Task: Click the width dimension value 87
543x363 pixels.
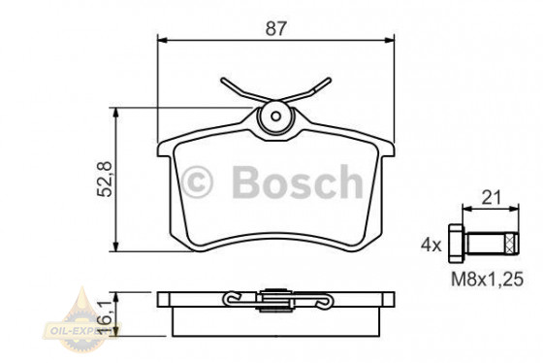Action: tap(276, 29)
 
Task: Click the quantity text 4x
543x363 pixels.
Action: tap(431, 245)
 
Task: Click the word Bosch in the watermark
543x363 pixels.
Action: tap(291, 180)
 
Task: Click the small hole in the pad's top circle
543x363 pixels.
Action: tap(275, 118)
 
